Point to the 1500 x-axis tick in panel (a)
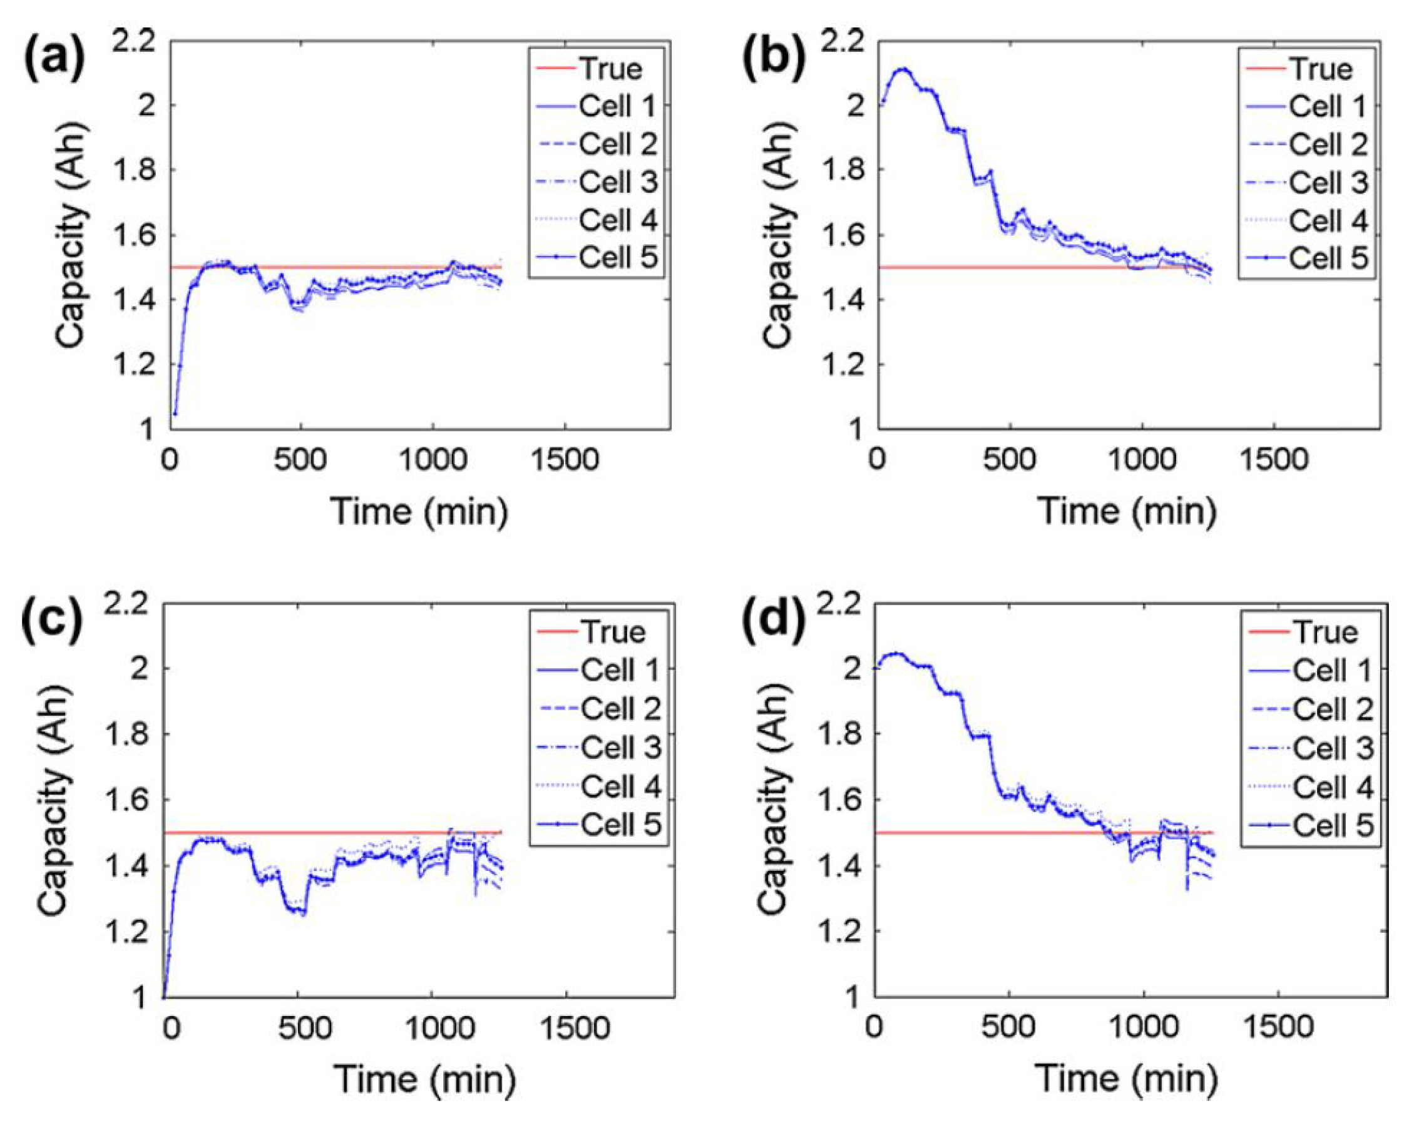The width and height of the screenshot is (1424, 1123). [565, 460]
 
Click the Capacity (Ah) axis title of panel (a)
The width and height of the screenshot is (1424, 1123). [70, 235]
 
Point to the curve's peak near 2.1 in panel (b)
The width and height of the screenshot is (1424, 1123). [904, 69]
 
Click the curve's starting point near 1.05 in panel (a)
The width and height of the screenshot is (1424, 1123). [175, 414]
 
